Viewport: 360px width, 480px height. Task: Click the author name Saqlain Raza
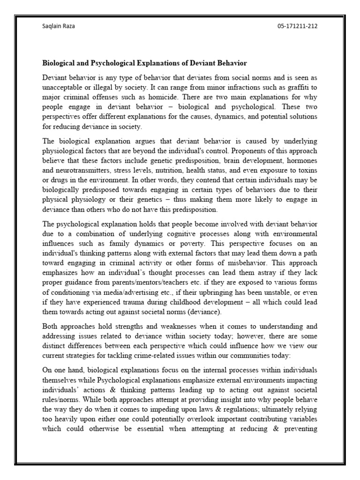click(x=59, y=26)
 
